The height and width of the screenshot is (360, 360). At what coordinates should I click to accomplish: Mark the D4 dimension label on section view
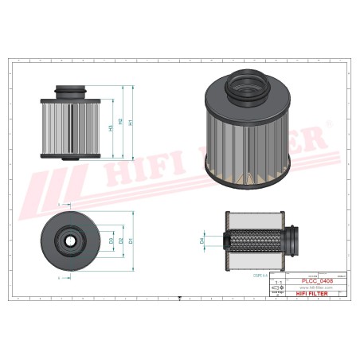(x=202, y=239)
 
